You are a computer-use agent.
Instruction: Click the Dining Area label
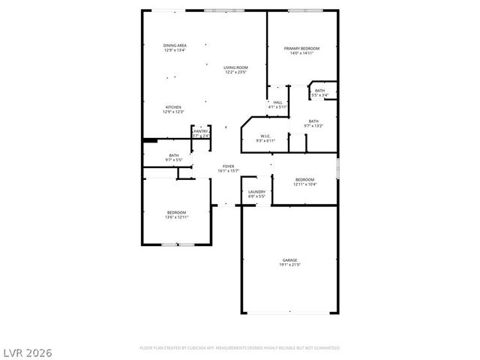pos(175,46)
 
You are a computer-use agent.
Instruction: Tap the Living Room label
pos(235,67)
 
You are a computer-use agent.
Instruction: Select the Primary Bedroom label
pos(301,49)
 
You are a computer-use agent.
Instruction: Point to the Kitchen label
pos(173,107)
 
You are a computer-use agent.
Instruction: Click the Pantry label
pos(200,131)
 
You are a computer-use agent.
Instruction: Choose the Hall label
pos(277,102)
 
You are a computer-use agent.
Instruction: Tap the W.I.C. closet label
pos(265,136)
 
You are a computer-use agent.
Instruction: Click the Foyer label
pos(227,166)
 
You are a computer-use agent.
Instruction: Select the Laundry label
pos(256,192)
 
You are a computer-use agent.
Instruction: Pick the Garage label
pos(289,260)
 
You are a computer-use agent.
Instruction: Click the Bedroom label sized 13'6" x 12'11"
pos(177,212)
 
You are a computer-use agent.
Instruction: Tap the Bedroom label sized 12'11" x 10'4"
pos(304,179)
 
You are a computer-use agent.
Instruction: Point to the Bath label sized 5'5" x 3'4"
pos(319,91)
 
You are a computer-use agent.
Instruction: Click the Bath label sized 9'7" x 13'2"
pos(313,121)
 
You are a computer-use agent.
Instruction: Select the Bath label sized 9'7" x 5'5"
pos(173,155)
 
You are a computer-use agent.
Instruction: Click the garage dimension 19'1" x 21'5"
pos(289,265)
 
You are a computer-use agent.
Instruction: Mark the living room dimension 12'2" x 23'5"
pos(235,72)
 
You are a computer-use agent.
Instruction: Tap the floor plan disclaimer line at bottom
pos(240,348)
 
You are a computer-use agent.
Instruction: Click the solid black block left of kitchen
pos(150,139)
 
